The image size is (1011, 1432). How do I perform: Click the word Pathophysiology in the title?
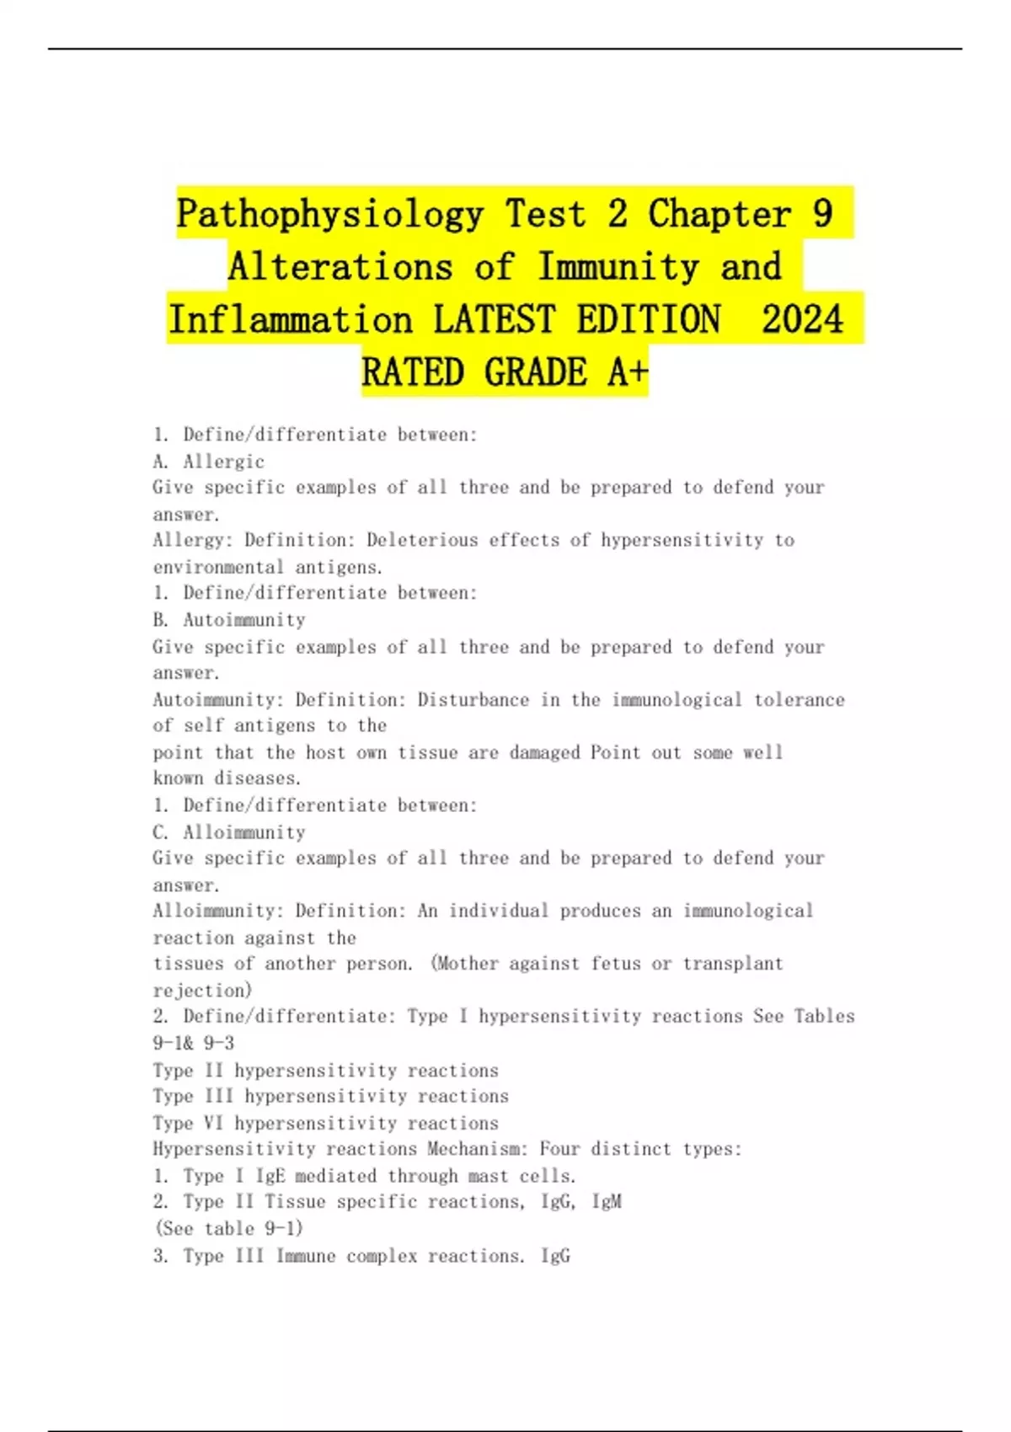tap(329, 214)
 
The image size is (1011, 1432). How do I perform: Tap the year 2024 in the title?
tap(802, 320)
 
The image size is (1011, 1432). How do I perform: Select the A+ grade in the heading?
tap(628, 372)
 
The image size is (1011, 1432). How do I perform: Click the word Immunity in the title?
tap(618, 267)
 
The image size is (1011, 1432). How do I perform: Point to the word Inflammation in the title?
tap(291, 320)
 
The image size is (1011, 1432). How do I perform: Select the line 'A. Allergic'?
tap(209, 462)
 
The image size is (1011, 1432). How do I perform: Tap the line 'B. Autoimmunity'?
tap(229, 620)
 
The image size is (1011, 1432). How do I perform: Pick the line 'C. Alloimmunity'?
tap(229, 832)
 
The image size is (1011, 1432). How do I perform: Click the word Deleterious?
tap(463, 540)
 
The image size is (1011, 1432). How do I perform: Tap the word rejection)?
tap(202, 991)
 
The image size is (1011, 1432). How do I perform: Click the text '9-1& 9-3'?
tap(194, 1043)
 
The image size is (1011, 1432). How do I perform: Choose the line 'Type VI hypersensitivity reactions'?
tap(325, 1123)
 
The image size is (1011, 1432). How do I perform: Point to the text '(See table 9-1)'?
tap(228, 1228)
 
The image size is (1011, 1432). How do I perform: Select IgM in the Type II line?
tap(607, 1202)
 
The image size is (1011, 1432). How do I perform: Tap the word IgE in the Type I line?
tap(270, 1176)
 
